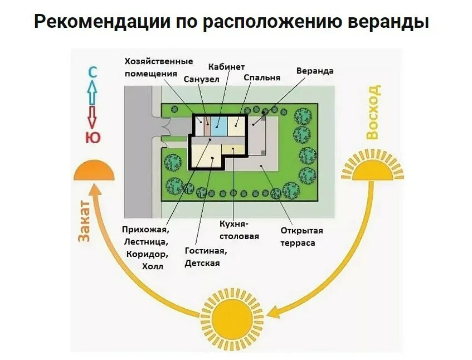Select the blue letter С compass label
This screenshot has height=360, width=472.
tap(93, 72)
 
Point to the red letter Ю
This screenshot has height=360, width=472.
tap(93, 138)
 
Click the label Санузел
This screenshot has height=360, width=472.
tap(201, 79)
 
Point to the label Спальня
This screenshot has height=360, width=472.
tap(262, 78)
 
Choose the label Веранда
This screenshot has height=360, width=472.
tap(315, 71)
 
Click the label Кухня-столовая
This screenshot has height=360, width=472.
tap(239, 230)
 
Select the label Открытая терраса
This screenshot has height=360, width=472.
tap(301, 236)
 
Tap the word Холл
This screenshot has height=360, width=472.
tap(152, 266)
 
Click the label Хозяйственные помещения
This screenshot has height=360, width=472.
tap(159, 67)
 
